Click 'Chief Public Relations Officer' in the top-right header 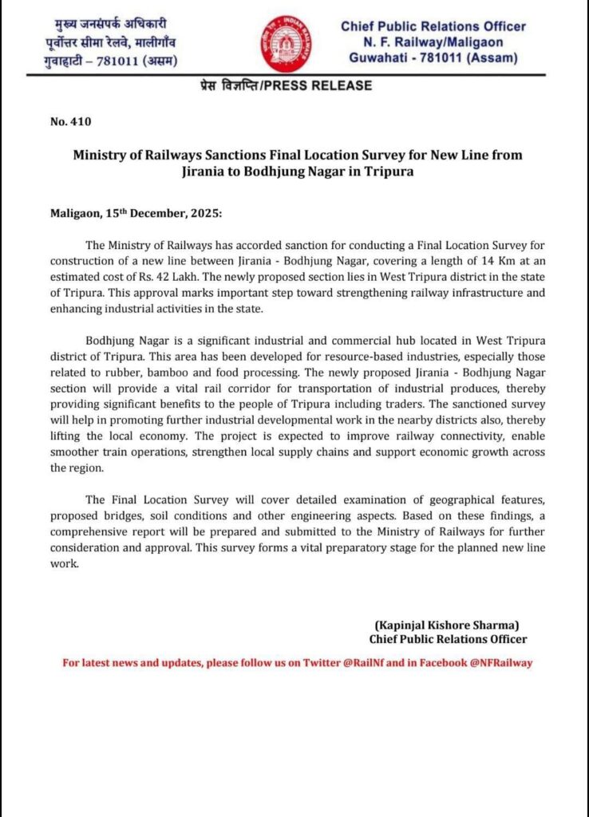pyautogui.click(x=433, y=26)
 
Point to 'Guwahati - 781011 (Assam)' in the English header pyautogui.click(x=433, y=58)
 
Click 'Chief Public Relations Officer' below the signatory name pyautogui.click(x=448, y=639)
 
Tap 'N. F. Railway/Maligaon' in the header pyautogui.click(x=433, y=42)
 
